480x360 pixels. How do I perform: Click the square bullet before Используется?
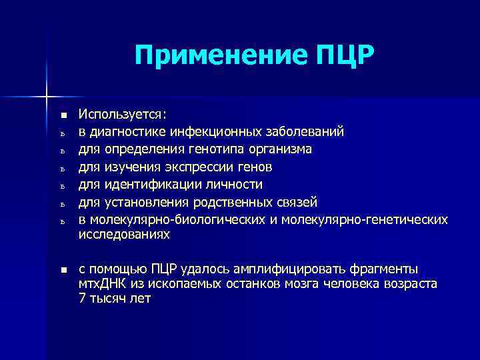tap(63, 114)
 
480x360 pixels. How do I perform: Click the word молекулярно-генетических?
tap(365, 219)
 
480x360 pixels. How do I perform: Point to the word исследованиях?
tap(124, 235)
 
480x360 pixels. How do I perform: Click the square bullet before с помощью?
tap(63, 269)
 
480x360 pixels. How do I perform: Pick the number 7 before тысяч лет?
tap(82, 299)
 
